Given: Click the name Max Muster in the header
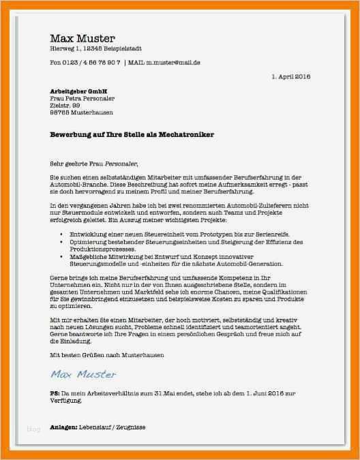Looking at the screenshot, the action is coord(82,38).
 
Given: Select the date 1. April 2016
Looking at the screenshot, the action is coord(290,76).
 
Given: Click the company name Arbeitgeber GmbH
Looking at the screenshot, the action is coord(79,91).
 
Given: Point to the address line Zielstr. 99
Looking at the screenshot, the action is coord(65,106).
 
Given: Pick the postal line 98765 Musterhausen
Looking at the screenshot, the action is coord(82,112).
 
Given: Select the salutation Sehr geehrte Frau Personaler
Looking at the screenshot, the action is coord(93,164).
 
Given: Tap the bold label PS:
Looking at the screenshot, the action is coord(55,394).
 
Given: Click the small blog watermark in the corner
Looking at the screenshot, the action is coord(33,429).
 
